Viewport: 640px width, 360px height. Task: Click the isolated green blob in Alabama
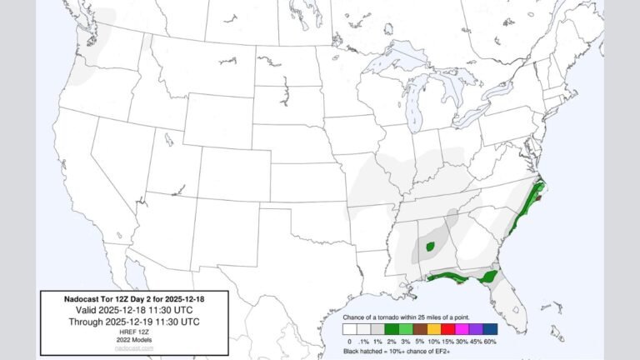(x=431, y=247)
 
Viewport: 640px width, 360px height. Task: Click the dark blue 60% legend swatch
(x=489, y=330)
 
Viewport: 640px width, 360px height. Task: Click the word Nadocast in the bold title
(x=82, y=297)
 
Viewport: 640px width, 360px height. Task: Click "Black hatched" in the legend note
(x=367, y=352)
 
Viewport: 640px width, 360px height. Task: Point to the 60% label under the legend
(x=489, y=342)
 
